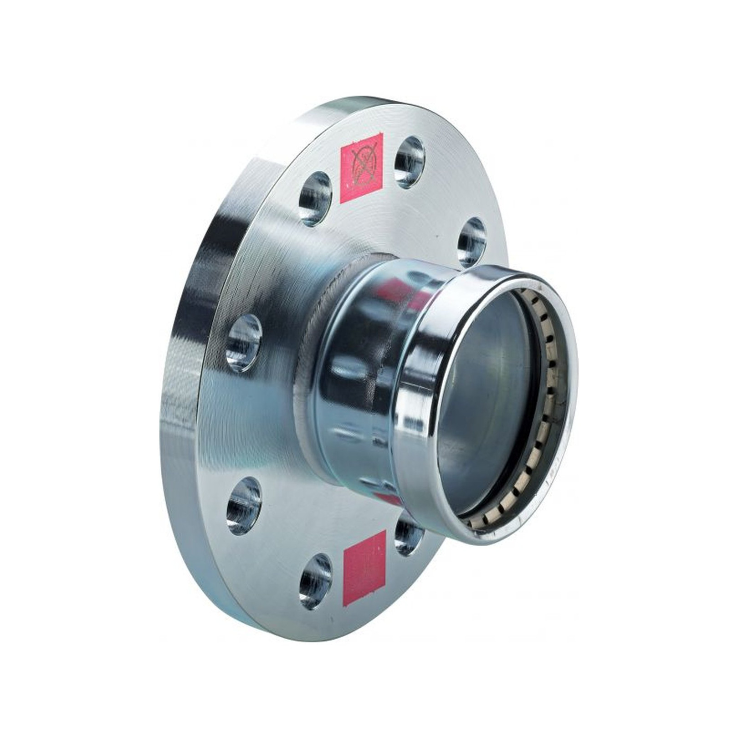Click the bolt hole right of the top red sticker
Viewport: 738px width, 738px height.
(x=409, y=162)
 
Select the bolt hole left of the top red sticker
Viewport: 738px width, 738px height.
(x=315, y=199)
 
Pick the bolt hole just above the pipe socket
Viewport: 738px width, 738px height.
(x=472, y=242)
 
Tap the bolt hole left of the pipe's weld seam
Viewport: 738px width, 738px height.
(x=244, y=342)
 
